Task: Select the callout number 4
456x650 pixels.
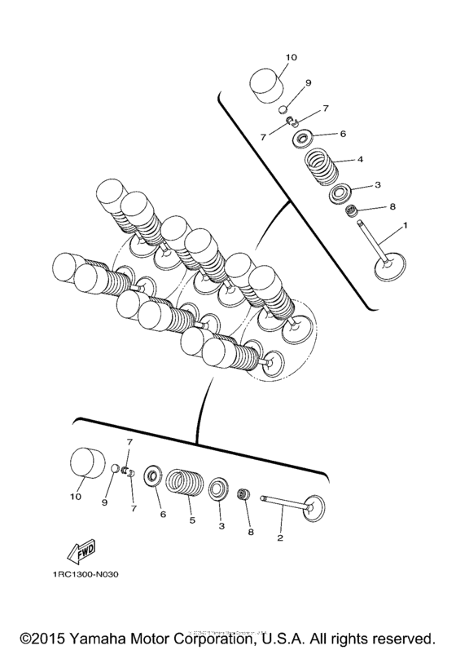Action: click(x=358, y=159)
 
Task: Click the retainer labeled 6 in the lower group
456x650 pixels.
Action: click(x=151, y=476)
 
